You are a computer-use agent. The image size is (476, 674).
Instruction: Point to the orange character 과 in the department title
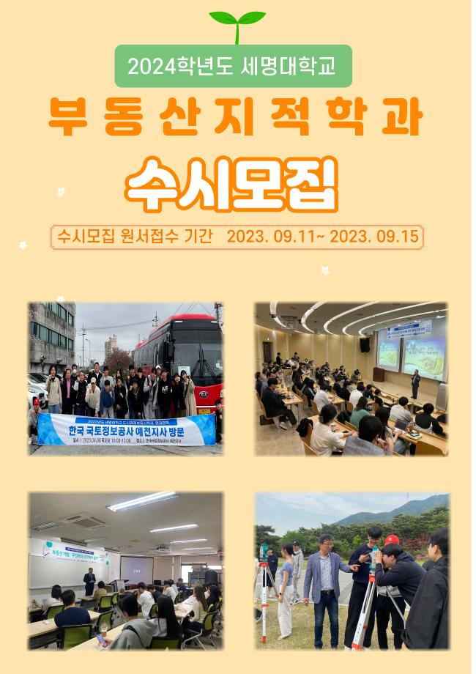click(402, 116)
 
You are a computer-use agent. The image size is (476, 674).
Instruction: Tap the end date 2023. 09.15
click(374, 237)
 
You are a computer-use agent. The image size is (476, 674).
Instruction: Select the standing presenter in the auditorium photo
click(415, 382)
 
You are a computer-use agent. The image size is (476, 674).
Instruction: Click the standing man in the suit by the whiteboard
click(89, 582)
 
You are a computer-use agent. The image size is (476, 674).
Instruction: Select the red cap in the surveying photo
click(391, 540)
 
